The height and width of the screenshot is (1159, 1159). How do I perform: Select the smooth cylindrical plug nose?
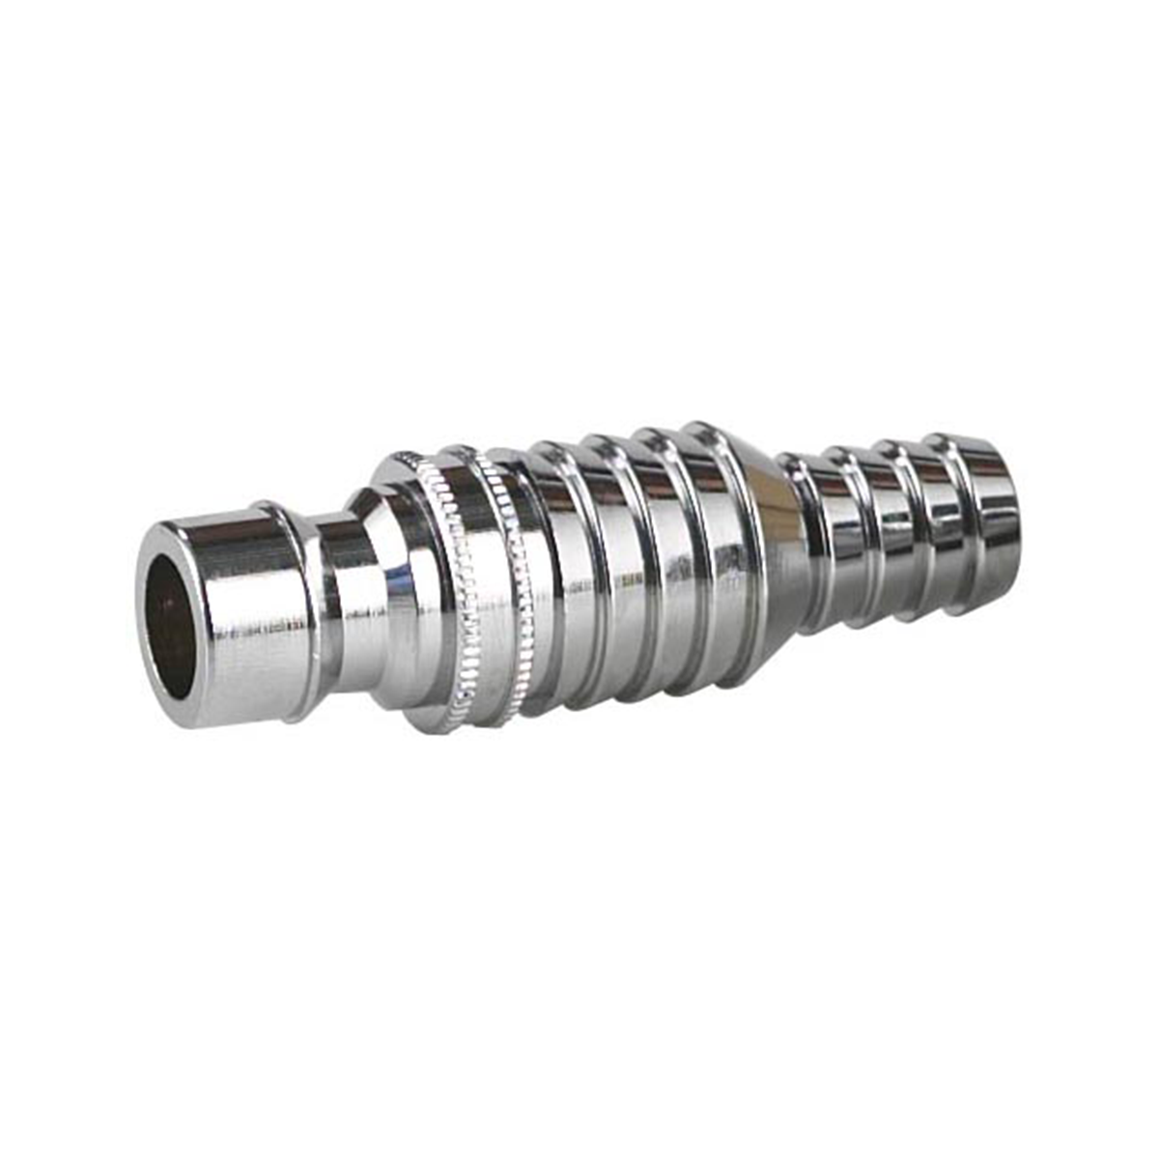(x=241, y=618)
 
